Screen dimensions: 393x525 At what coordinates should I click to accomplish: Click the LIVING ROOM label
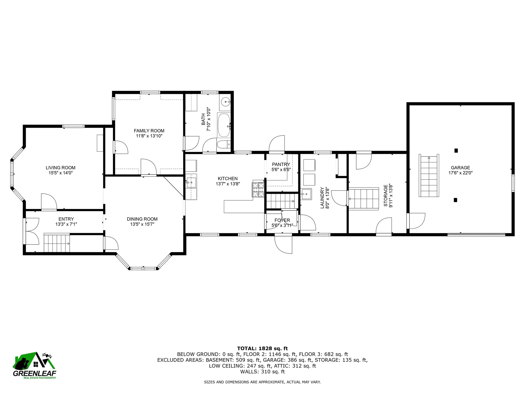pyautogui.click(x=60, y=168)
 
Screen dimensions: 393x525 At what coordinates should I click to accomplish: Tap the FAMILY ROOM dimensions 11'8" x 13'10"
pyautogui.click(x=149, y=136)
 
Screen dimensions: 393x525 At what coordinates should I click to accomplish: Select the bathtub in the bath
pyautogui.click(x=224, y=125)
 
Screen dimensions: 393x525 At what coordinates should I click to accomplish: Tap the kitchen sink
pyautogui.click(x=191, y=181)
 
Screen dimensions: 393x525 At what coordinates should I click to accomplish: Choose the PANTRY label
pyautogui.click(x=281, y=164)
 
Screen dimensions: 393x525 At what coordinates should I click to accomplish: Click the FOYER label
pyautogui.click(x=282, y=220)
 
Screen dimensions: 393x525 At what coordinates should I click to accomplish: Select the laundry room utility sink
pyautogui.click(x=306, y=194)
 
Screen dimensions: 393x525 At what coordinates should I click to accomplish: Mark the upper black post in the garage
pyautogui.click(x=456, y=150)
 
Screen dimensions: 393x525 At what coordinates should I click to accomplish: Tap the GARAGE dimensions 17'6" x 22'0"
pyautogui.click(x=460, y=173)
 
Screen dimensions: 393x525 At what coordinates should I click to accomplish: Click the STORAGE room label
pyautogui.click(x=386, y=195)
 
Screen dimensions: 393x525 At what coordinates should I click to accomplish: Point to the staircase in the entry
pyautogui.click(x=57, y=243)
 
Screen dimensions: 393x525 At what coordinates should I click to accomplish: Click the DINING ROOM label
pyautogui.click(x=142, y=219)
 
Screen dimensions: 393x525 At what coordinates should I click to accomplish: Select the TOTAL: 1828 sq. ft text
pyautogui.click(x=262, y=348)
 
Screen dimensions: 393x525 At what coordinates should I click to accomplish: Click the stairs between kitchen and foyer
pyautogui.click(x=282, y=201)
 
